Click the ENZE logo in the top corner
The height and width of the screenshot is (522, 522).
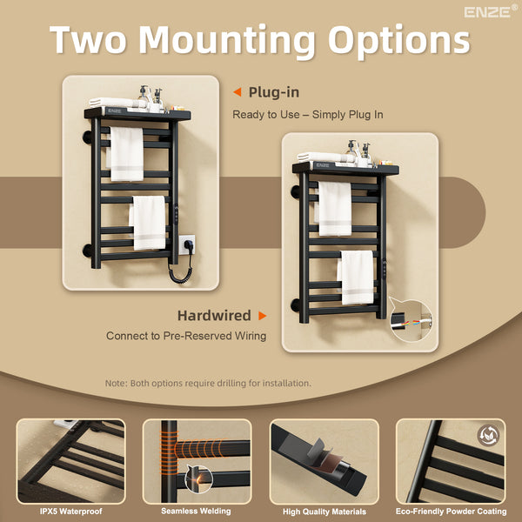point(491,11)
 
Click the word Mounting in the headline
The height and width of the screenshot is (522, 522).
point(226,41)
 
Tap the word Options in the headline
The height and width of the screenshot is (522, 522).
point(398,41)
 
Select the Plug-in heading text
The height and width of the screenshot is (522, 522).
point(274,92)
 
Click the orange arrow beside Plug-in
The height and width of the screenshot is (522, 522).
point(238,92)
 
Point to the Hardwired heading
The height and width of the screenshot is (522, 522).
point(214,315)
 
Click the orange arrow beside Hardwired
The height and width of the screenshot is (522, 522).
point(263,316)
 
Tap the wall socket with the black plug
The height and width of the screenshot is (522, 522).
point(187,244)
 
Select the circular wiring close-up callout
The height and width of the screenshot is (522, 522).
point(411,320)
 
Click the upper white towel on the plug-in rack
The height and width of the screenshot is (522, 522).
point(127,154)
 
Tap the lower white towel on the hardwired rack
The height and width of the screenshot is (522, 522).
point(357,278)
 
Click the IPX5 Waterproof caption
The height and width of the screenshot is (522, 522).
point(71,511)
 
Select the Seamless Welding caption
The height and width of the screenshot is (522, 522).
point(196,511)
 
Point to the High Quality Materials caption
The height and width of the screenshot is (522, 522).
point(325,512)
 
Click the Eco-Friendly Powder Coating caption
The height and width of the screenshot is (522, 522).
point(451,511)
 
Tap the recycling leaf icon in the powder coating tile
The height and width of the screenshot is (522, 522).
point(489,435)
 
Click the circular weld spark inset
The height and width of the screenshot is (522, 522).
point(199,478)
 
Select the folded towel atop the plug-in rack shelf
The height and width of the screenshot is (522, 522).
point(117,103)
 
